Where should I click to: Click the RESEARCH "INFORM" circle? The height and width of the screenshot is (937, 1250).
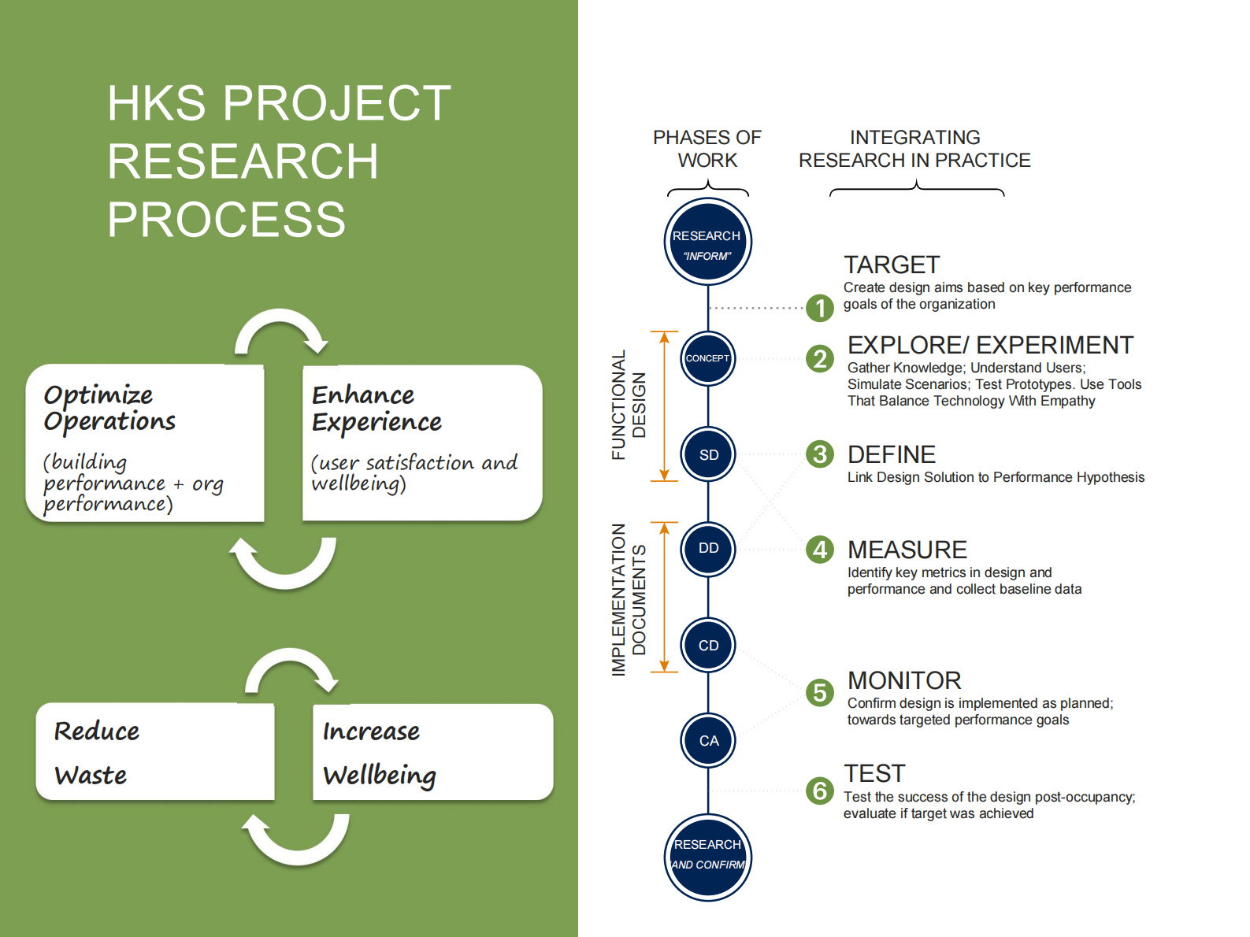(707, 242)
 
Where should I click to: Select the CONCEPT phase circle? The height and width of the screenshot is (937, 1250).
(707, 358)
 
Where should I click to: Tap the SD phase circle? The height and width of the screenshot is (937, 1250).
(708, 454)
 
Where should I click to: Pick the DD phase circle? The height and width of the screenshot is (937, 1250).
(708, 548)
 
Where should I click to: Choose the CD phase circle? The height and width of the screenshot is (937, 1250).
(708, 645)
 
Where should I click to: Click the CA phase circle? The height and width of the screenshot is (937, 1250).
(708, 740)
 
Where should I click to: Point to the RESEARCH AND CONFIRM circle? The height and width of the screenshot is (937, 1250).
(707, 857)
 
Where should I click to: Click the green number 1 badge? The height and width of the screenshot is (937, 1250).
(820, 308)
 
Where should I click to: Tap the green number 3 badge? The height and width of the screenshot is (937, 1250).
(820, 454)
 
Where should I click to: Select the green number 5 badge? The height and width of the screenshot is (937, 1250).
(820, 693)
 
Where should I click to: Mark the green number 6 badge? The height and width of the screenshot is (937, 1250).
(820, 791)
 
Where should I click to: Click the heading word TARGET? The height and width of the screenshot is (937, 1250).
(892, 265)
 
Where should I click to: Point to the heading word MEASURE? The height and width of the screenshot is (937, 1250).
(907, 550)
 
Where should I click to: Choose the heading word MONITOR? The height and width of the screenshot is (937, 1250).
(904, 680)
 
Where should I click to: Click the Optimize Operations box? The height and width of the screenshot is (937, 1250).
(145, 443)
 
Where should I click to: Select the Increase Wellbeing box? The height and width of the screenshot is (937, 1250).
(432, 753)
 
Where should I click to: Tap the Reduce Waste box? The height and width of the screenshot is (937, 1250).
(155, 753)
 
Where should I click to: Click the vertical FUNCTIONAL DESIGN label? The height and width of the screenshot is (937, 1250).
(629, 405)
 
